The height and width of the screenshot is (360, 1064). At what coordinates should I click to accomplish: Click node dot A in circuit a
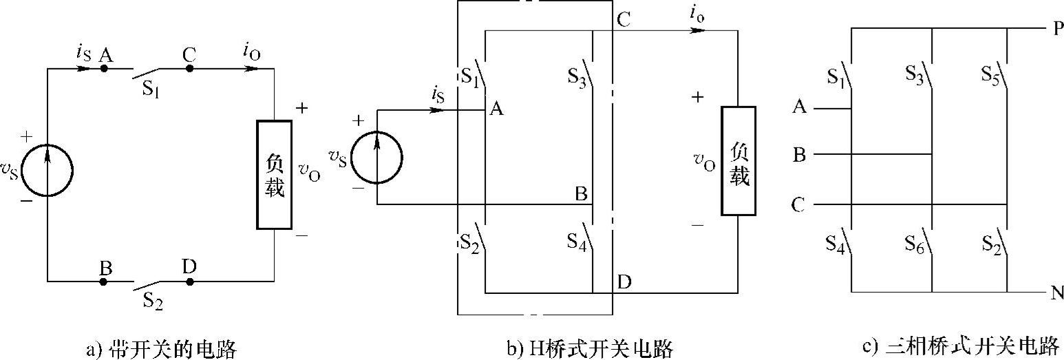(104, 69)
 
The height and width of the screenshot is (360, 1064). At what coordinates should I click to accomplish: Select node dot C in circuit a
(190, 69)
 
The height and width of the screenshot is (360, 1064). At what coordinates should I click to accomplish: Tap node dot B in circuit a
(104, 282)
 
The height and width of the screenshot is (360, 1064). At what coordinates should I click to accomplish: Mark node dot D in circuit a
(190, 282)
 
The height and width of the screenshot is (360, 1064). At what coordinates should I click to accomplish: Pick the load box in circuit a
(274, 174)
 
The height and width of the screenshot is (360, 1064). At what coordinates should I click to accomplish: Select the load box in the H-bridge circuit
(738, 160)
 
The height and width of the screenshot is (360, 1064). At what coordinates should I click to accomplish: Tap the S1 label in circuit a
(152, 88)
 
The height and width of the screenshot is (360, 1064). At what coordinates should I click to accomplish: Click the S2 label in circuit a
(152, 300)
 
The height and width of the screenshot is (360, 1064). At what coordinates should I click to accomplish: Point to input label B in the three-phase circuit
(799, 155)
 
